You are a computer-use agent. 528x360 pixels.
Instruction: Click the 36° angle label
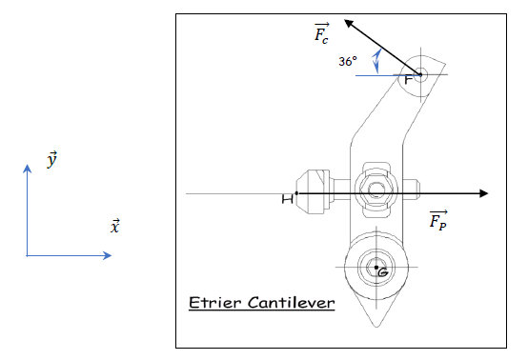click(x=348, y=62)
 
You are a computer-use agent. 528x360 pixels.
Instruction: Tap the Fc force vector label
click(x=321, y=33)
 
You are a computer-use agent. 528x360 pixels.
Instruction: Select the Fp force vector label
click(x=438, y=220)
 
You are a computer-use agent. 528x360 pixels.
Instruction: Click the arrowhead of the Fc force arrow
click(x=348, y=23)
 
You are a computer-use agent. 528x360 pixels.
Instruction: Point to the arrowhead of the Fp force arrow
click(x=484, y=193)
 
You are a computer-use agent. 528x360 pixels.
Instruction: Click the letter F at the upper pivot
click(x=409, y=80)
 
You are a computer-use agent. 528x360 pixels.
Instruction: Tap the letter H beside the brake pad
click(x=287, y=199)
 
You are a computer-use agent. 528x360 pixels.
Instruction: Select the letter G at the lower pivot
click(x=383, y=271)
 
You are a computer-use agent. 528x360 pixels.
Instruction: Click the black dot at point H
click(x=296, y=193)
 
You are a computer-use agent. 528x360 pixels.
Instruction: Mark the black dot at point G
click(x=376, y=268)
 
